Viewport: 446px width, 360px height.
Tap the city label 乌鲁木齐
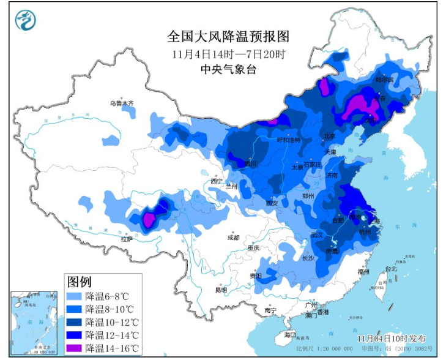tap(122, 103)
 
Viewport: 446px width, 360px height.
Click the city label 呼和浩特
tap(289, 140)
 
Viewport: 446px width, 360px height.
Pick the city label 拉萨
tap(127, 239)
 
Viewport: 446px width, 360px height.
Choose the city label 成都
tap(233, 237)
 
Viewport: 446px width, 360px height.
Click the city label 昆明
tap(220, 290)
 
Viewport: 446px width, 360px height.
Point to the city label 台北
tap(390, 268)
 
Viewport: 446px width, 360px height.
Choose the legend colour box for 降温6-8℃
tap(75, 296)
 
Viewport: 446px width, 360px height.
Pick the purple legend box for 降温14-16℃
tap(75, 349)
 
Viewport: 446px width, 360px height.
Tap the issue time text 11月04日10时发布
tap(392, 339)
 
